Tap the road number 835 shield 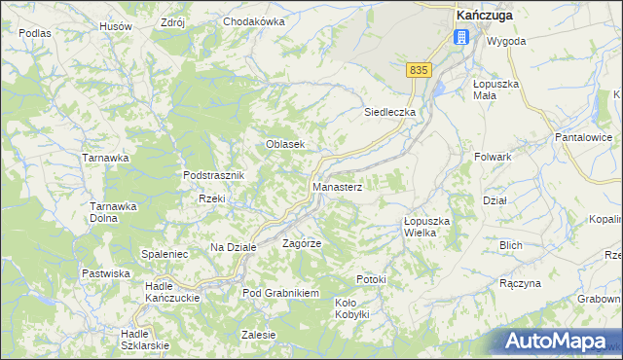[x=419, y=70]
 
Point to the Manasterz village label [x=337, y=186]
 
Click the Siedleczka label [x=389, y=112]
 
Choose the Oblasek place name [x=286, y=144]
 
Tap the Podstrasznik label [x=218, y=175]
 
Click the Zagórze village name [x=302, y=243]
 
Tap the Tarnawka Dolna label [x=111, y=212]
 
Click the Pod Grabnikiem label [x=281, y=293]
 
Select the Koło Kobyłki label [x=352, y=308]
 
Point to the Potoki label [x=371, y=280]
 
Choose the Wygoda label [x=506, y=42]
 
